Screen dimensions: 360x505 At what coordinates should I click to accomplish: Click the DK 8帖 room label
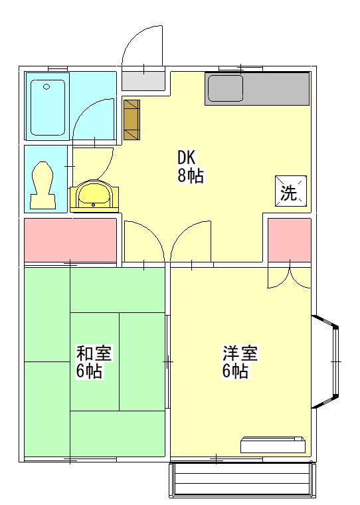[x=191, y=167]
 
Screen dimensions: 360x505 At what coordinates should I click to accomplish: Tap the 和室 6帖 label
[x=94, y=361]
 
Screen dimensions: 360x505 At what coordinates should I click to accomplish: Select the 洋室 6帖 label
[x=240, y=361]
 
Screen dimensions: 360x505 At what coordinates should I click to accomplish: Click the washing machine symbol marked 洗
[x=290, y=191]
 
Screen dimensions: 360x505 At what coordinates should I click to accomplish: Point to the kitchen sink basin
[x=225, y=88]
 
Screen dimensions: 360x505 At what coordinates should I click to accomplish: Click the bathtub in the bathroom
[x=48, y=107]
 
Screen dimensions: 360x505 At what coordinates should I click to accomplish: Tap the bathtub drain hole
[x=46, y=86]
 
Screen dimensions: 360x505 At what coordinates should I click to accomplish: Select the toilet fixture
[x=42, y=185]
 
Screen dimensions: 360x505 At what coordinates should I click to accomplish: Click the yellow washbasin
[x=94, y=196]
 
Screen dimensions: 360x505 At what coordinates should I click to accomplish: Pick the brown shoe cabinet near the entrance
[x=132, y=120]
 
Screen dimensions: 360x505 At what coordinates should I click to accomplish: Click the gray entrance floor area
[x=143, y=81]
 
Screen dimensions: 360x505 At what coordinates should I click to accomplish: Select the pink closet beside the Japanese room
[x=70, y=241]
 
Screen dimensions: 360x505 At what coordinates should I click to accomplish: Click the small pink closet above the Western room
[x=290, y=241]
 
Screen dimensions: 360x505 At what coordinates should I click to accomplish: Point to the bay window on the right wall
[x=325, y=361]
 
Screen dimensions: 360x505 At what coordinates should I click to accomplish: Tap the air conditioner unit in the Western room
[x=273, y=445]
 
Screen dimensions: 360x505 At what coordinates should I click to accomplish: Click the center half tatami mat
[x=95, y=361]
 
